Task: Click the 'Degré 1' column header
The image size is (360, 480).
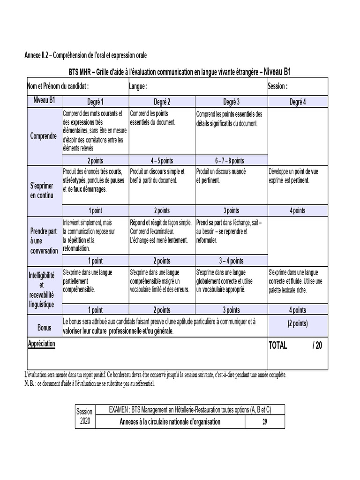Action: [95, 102]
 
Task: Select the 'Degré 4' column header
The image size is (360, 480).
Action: [297, 102]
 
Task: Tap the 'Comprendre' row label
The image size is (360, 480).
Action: [44, 136]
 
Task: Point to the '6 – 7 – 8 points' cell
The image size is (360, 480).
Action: [230, 160]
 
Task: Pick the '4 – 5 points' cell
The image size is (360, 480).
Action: [162, 160]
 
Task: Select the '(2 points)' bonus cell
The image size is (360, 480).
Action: [297, 323]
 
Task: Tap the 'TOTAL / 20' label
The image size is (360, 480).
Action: [295, 345]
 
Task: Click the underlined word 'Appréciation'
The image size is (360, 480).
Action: [41, 344]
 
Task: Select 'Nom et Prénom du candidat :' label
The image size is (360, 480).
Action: [58, 86]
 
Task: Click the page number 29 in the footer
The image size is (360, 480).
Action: [265, 422]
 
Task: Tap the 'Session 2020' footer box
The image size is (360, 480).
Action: [84, 416]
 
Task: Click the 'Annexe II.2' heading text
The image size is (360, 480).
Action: [37, 56]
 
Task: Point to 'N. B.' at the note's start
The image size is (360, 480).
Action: [30, 383]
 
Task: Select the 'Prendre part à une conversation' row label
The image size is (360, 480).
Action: [44, 241]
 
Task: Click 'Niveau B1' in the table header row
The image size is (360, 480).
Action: [45, 100]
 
